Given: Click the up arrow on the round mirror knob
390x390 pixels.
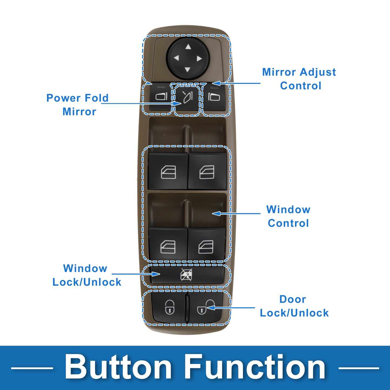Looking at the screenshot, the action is pyautogui.click(x=188, y=47).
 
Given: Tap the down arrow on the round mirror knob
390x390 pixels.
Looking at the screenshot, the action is pyautogui.click(x=188, y=70).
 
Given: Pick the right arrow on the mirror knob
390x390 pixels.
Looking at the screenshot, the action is pyautogui.click(x=199, y=59).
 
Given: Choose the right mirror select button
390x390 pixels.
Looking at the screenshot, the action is pyautogui.click(x=214, y=97).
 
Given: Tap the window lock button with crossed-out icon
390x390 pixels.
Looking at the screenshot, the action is pyautogui.click(x=187, y=275).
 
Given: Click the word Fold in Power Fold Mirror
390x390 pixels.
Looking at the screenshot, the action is pyautogui.click(x=97, y=98).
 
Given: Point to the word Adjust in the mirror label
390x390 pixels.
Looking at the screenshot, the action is pyautogui.click(x=318, y=73).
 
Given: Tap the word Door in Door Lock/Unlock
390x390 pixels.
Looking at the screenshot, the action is pyautogui.click(x=293, y=299).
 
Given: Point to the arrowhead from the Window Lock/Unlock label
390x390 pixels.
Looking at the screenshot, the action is pyautogui.click(x=156, y=274).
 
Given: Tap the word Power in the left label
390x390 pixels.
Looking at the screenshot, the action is pyautogui.click(x=63, y=98).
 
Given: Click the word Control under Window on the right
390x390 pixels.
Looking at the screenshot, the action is pyautogui.click(x=288, y=223).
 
